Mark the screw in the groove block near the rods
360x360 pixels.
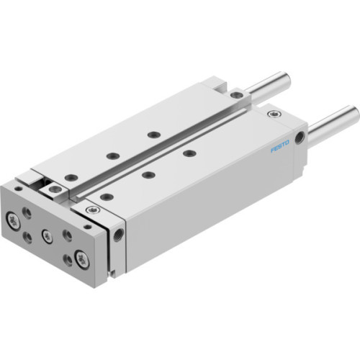click(x=237, y=93)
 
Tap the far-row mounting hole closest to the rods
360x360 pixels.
click(x=153, y=133)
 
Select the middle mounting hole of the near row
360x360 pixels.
click(x=146, y=174)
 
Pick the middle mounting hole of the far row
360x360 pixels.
click(x=112, y=154)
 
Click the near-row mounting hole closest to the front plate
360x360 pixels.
click(x=104, y=196)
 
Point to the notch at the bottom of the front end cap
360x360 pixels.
click(x=112, y=272)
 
